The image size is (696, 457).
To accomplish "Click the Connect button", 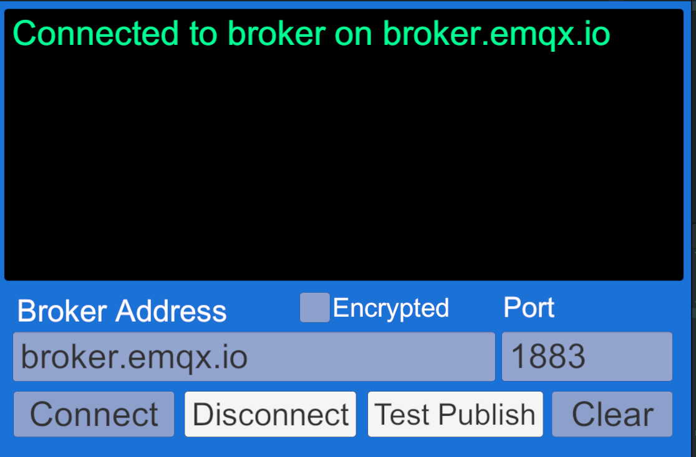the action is pos(94,414).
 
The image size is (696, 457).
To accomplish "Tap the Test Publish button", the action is pos(455,414).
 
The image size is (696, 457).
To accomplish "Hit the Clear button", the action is pos(612,414).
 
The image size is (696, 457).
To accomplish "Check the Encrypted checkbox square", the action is pos(315,308).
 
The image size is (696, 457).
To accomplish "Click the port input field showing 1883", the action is pos(587,357).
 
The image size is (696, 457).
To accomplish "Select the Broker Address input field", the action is pos(254,357).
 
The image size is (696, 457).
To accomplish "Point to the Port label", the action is pos(529,307).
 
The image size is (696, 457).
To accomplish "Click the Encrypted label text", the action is pos(391,308).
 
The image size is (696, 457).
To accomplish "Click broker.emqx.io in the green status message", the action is pos(496,34).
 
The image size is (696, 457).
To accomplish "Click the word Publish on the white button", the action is pos(486,415).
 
